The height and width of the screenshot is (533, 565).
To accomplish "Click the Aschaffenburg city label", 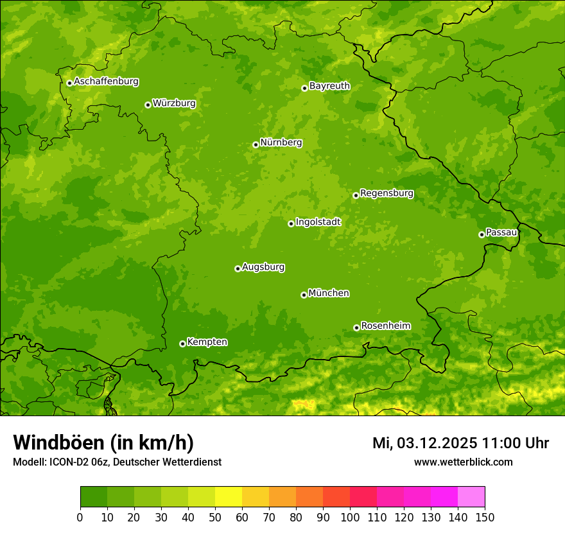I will click(106, 82).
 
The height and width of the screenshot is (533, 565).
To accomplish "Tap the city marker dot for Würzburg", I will click(148, 105).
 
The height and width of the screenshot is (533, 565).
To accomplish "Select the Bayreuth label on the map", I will click(329, 85).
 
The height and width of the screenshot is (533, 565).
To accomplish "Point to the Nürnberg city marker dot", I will click(256, 144).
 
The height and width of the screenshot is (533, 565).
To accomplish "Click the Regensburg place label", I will click(387, 193).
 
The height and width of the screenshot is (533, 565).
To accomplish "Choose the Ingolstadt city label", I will click(318, 222).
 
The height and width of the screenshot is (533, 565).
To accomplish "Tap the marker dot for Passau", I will click(482, 234).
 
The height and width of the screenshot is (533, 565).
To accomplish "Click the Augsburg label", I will click(263, 266).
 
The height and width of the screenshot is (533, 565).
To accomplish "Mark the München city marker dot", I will click(304, 295).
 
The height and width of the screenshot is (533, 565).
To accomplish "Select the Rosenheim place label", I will click(385, 326).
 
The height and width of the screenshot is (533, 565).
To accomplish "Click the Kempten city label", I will click(207, 342).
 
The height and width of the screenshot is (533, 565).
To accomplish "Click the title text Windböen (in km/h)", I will click(103, 442).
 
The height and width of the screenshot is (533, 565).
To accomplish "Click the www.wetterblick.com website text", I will click(463, 462).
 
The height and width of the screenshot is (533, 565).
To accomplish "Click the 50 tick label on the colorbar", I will click(215, 517).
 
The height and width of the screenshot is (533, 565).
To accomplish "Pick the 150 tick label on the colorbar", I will click(485, 517).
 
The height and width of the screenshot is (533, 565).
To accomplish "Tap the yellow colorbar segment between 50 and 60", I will click(229, 497).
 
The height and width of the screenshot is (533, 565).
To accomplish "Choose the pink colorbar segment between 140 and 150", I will click(471, 497).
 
